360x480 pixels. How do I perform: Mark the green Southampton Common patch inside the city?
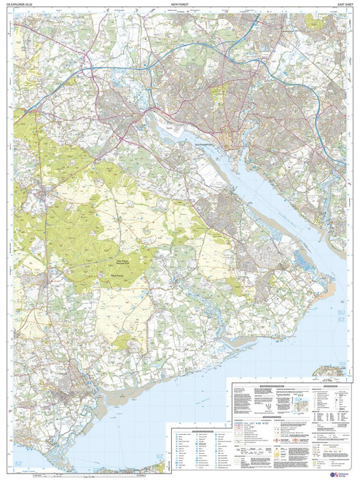pos(219,95)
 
